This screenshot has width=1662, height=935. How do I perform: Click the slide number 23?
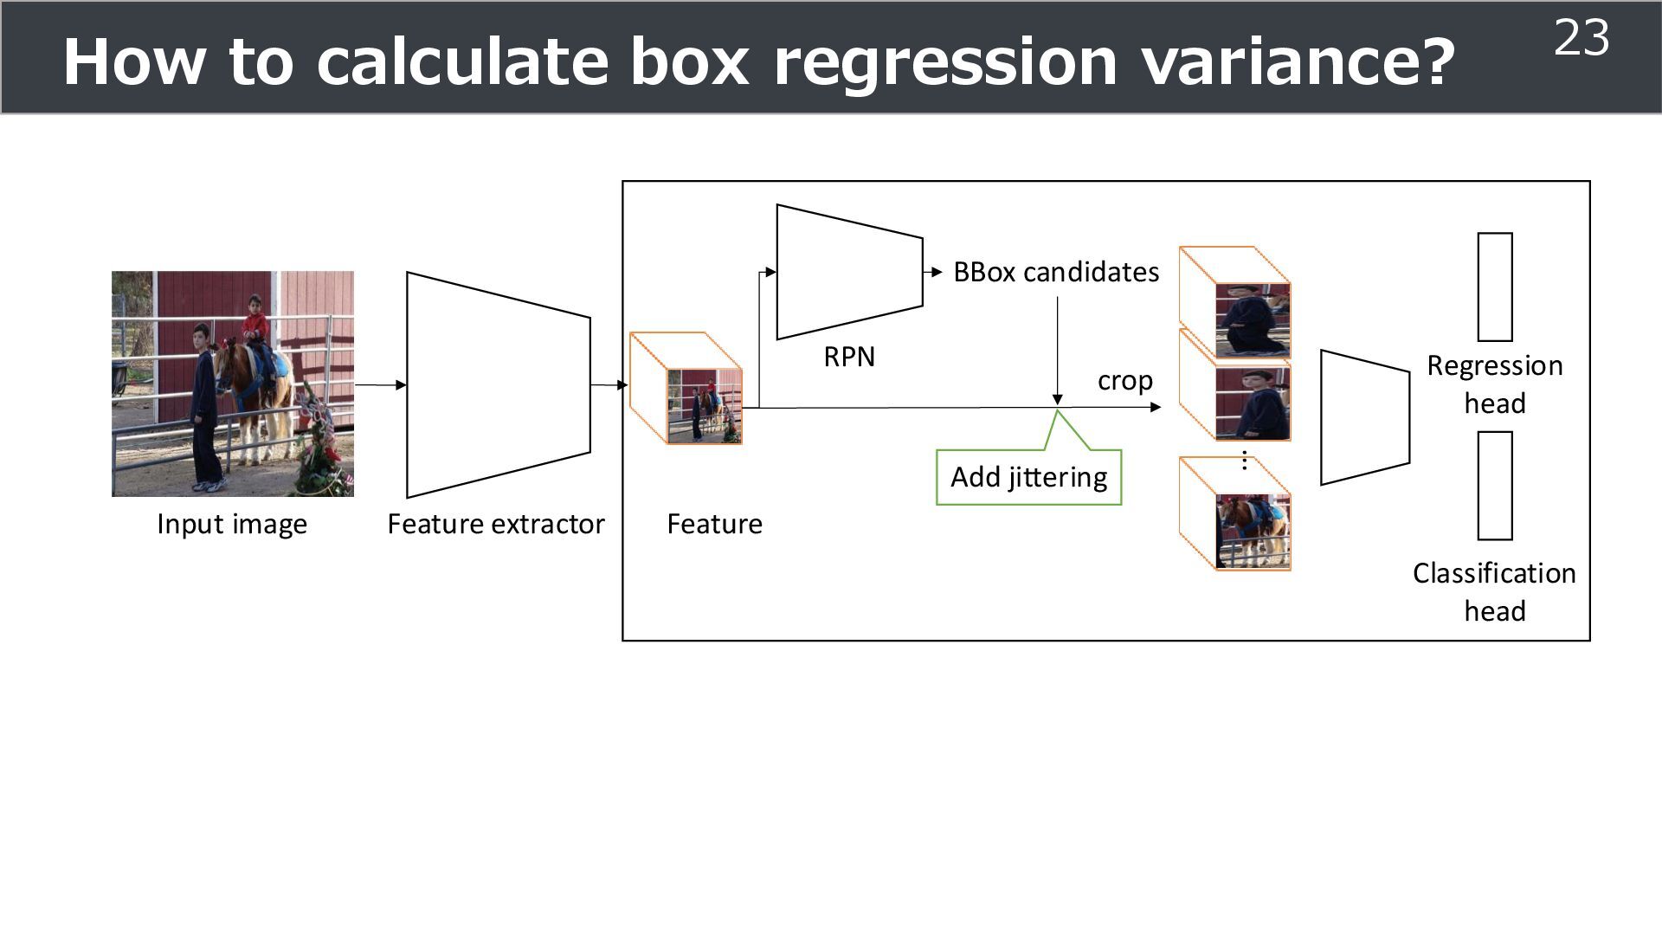1581,38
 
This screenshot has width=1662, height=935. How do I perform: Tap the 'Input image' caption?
232,524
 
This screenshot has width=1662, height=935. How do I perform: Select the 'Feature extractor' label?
496,524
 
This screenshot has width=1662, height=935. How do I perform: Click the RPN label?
849,357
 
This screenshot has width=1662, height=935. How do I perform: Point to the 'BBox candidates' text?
1056,273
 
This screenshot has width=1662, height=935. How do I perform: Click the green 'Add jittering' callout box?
1028,477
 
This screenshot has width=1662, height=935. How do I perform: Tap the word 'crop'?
1124,381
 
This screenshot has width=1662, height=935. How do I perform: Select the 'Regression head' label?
1495,384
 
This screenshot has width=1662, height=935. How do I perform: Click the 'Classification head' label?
1494,592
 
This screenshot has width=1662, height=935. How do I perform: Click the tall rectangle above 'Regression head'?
1495,287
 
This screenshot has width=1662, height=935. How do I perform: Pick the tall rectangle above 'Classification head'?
1495,486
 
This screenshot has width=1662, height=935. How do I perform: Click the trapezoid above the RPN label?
849,272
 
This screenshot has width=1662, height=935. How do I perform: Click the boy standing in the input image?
205,407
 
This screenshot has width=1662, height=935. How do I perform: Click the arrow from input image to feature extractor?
380,385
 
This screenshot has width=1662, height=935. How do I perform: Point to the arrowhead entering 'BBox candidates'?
937,272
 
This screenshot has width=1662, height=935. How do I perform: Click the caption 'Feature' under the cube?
714,524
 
